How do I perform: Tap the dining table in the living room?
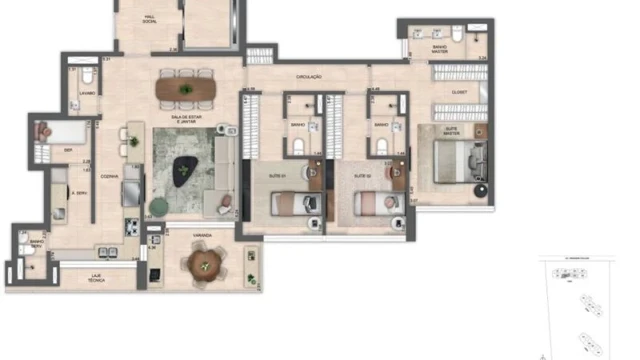(186, 90)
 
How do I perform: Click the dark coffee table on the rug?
(185, 171)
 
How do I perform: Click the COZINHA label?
(109, 177)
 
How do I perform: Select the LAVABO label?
(87, 93)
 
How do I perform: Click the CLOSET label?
(459, 92)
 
